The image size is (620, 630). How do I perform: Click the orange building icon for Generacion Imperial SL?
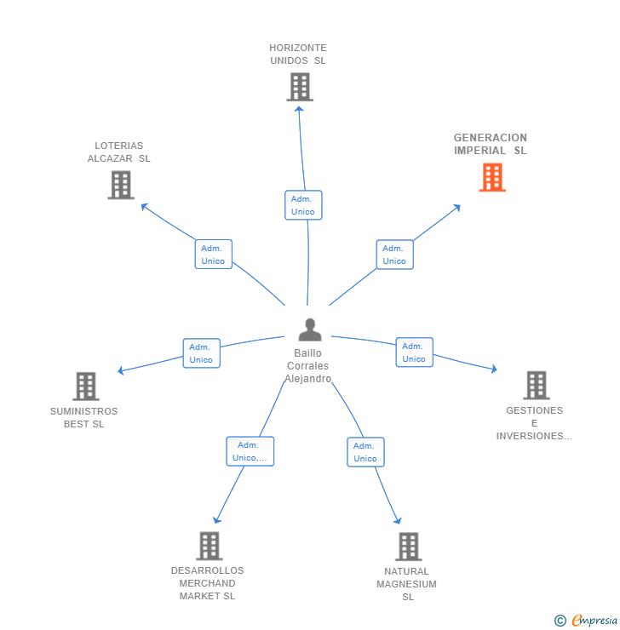pos(492,177)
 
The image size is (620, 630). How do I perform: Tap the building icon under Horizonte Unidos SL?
pos(300,87)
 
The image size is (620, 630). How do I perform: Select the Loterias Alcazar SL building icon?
pos(121,185)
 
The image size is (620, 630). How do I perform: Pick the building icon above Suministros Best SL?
pos(85,387)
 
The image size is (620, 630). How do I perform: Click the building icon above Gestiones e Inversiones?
pos(536,385)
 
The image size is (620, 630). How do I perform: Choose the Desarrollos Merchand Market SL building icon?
pos(209,546)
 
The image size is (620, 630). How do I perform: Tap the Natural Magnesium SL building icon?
pos(409,547)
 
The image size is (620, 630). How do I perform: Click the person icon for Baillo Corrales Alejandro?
pos(310,330)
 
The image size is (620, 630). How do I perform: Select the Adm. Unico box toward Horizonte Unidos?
pos(303,205)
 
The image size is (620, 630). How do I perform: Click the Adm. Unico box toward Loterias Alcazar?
pos(213,255)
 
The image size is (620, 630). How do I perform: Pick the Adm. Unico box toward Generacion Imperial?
pos(394,255)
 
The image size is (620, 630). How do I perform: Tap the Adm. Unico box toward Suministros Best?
pos(202,353)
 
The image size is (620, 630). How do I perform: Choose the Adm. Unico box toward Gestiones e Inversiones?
pos(414,352)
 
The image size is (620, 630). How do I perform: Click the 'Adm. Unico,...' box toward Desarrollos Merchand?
pos(250,451)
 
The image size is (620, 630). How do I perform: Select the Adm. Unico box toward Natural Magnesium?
pos(365,452)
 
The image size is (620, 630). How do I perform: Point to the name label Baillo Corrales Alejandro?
pos(308,366)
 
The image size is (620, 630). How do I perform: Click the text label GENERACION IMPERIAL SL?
pos(490,144)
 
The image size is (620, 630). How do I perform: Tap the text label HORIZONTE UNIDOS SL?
pos(298,54)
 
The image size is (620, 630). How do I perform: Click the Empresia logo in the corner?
pos(587,621)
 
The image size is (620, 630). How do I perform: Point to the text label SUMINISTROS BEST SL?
pos(83,417)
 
